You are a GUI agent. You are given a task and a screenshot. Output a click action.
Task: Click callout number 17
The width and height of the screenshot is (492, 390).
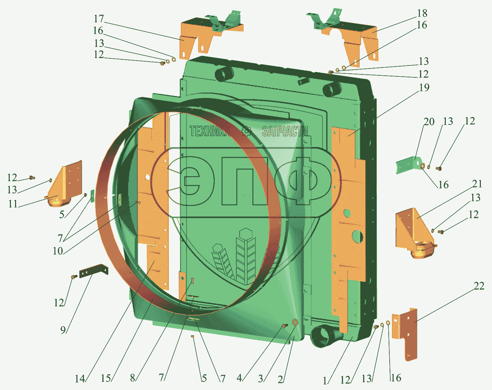[99, 19]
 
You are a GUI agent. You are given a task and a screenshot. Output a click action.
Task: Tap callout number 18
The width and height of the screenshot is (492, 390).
[422, 13]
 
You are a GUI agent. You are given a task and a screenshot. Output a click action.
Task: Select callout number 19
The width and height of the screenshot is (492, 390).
[424, 88]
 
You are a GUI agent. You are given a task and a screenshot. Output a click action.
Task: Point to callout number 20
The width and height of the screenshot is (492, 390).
[429, 122]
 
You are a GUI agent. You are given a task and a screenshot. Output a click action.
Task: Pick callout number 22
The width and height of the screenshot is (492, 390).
[479, 286]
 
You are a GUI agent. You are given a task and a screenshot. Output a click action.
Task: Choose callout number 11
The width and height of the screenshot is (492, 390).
[13, 204]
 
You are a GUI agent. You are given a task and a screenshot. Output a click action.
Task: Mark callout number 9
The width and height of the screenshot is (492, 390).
[63, 330]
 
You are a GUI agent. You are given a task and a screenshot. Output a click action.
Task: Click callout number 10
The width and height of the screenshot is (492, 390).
[58, 251]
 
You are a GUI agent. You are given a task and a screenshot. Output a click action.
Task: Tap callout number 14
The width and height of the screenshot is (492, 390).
[80, 379]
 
